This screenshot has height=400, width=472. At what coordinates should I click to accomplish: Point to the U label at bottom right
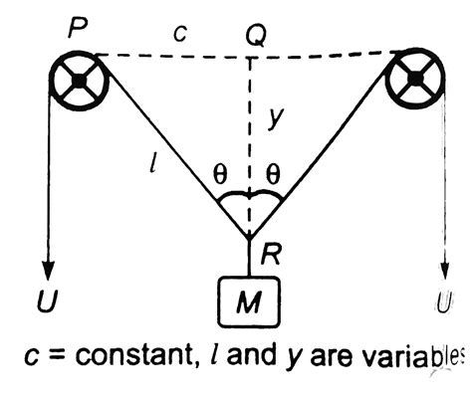(444, 300)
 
